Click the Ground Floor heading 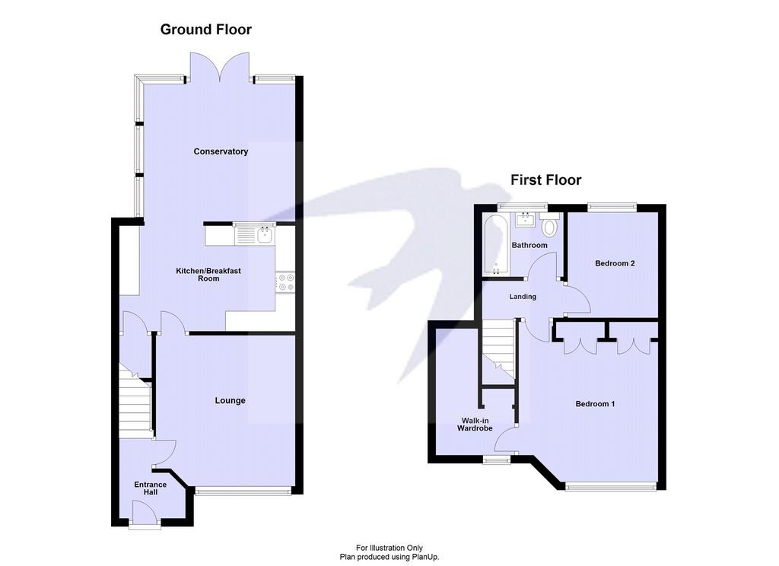click(x=205, y=30)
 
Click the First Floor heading click(x=546, y=180)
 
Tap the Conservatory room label click(x=221, y=151)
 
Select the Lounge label click(x=230, y=400)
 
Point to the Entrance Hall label click(x=151, y=488)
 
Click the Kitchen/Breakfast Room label click(x=208, y=275)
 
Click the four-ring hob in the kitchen click(x=285, y=282)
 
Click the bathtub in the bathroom click(x=495, y=244)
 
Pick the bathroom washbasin click(x=525, y=219)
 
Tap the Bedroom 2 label click(x=615, y=263)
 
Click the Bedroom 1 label click(x=595, y=404)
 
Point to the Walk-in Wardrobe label click(x=475, y=424)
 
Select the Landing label click(x=523, y=297)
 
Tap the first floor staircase click(x=499, y=351)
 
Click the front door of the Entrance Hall click(x=145, y=512)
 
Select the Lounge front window click(x=243, y=491)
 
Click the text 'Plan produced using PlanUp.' click(x=389, y=557)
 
